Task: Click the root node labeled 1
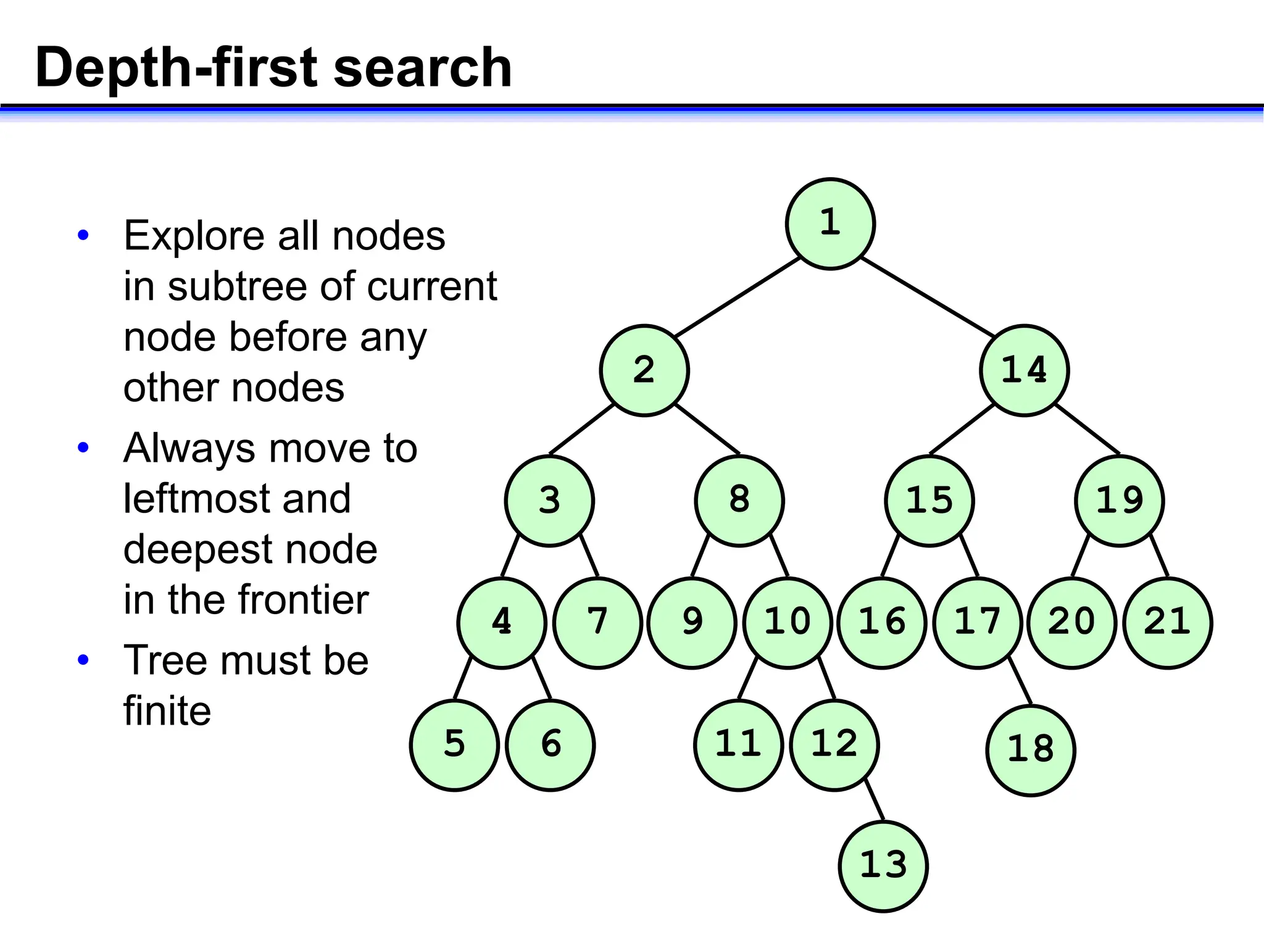[x=830, y=223]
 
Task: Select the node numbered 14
[x=1024, y=370]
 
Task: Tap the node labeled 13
[x=883, y=865]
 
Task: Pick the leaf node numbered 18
[x=1030, y=750]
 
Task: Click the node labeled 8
[x=739, y=501]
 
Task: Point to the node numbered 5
[x=454, y=745]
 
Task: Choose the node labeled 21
[x=1168, y=622]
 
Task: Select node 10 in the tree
[x=788, y=622]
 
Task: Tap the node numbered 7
[x=597, y=622]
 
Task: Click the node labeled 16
[x=882, y=622]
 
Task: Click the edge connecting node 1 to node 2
[x=738, y=297]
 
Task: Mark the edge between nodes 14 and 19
[x=1087, y=429]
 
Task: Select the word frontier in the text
[x=303, y=599]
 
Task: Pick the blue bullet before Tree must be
[x=83, y=660]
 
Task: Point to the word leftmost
[x=237, y=499]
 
